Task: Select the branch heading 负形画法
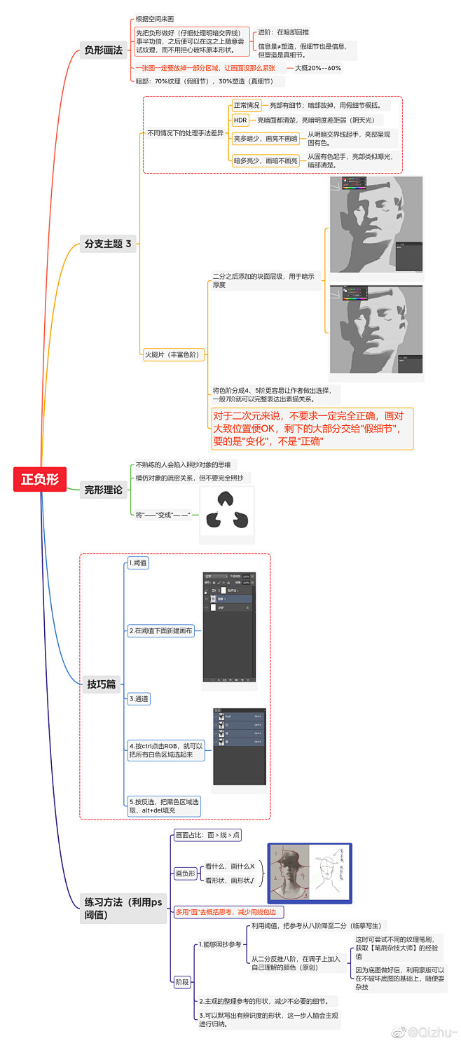(103, 50)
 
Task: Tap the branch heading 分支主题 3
(108, 244)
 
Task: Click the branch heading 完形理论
(103, 490)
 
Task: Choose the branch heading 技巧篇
(102, 684)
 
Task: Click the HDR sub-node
(240, 120)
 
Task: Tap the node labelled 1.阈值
(138, 563)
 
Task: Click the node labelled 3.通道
(139, 698)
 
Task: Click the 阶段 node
(181, 981)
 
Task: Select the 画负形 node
(185, 873)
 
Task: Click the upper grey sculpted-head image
(376, 225)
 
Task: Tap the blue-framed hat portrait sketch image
(310, 873)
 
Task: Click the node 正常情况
(246, 105)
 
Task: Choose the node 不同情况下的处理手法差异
(185, 133)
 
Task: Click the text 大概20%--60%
(318, 68)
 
